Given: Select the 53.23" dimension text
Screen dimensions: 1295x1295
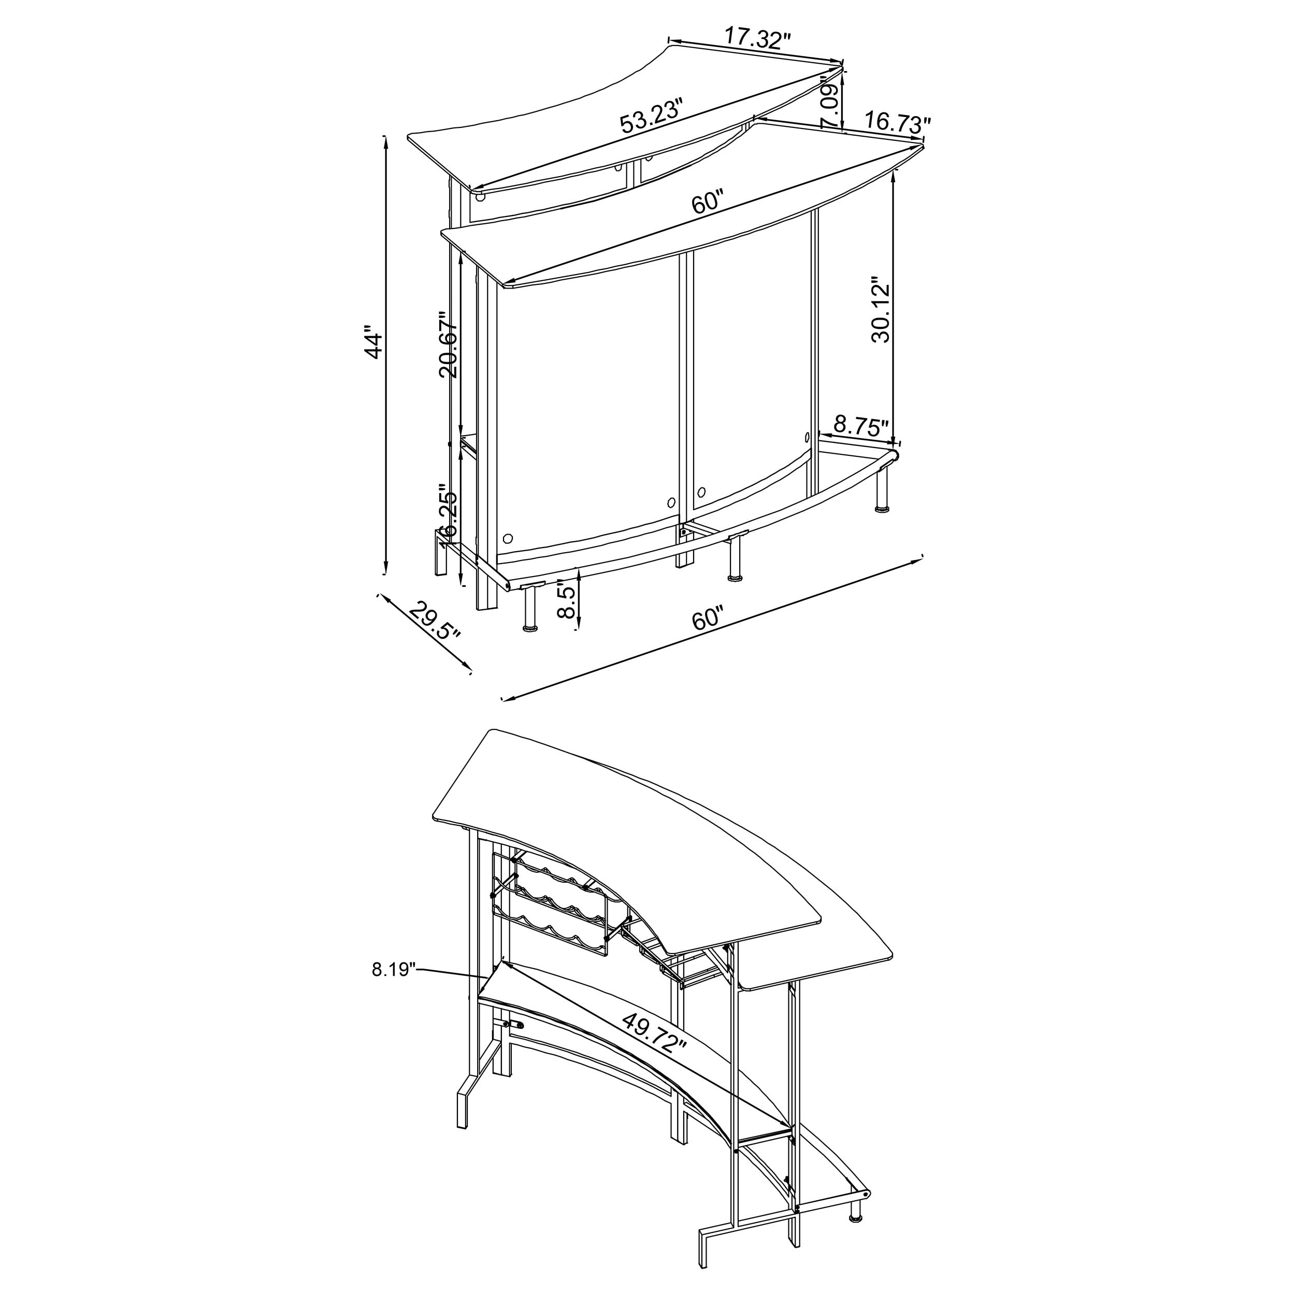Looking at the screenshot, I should tap(651, 116).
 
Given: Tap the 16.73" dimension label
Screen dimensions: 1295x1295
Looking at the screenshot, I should tap(897, 122).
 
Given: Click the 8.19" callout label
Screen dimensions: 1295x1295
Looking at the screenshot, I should tap(394, 969).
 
